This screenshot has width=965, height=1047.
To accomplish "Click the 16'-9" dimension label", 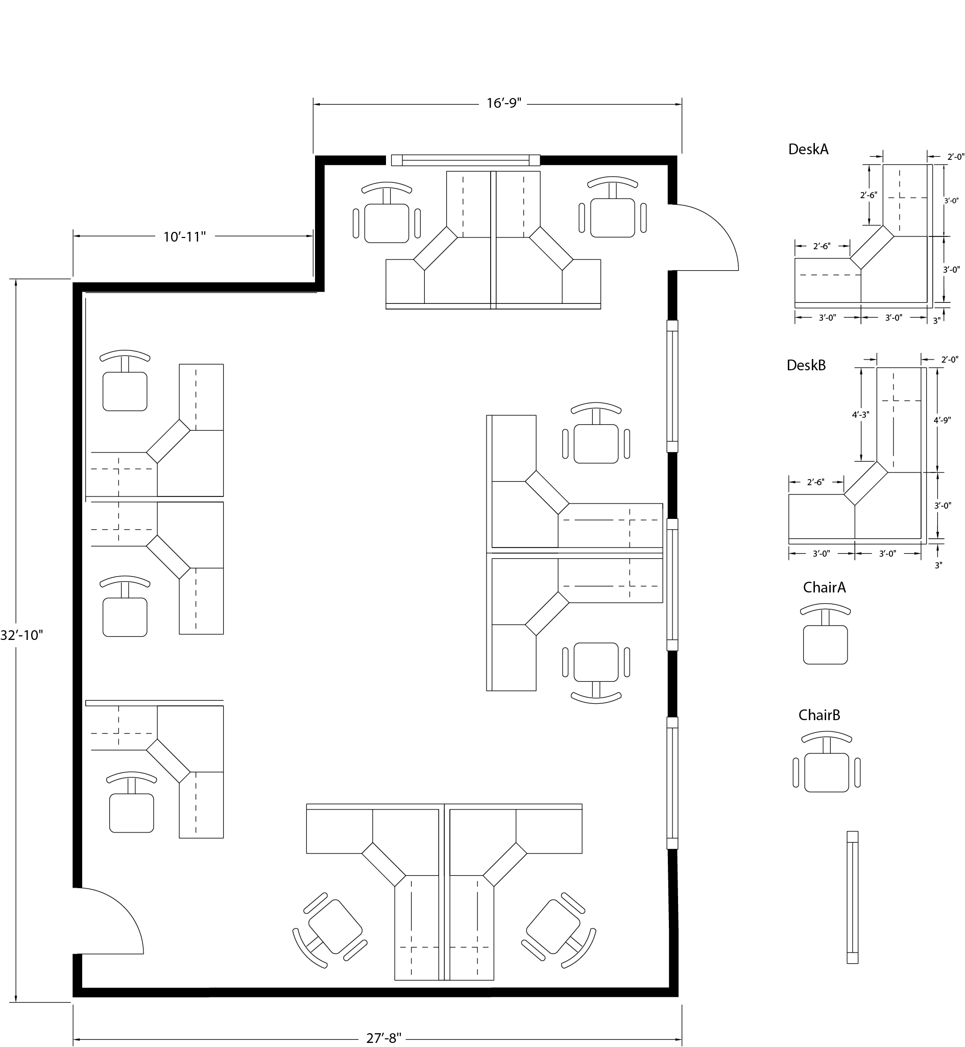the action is tap(504, 104).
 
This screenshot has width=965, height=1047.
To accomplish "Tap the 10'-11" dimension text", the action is tap(184, 236).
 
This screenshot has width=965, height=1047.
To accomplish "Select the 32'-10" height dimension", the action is tap(21, 635).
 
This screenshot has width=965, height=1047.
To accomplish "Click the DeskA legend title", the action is tap(808, 150).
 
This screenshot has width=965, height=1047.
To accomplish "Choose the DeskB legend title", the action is tap(806, 365).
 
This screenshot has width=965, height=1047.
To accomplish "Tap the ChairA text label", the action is tap(825, 587).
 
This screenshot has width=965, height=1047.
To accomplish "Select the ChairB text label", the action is tap(819, 715).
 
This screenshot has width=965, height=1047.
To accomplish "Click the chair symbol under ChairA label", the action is tap(826, 634).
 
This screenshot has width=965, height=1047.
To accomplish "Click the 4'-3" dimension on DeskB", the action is tap(860, 414).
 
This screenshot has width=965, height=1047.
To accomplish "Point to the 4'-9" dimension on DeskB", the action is tap(942, 419).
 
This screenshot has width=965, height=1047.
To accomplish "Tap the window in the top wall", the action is tap(465, 160).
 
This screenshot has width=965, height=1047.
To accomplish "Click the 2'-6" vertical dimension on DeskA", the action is tap(868, 195).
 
